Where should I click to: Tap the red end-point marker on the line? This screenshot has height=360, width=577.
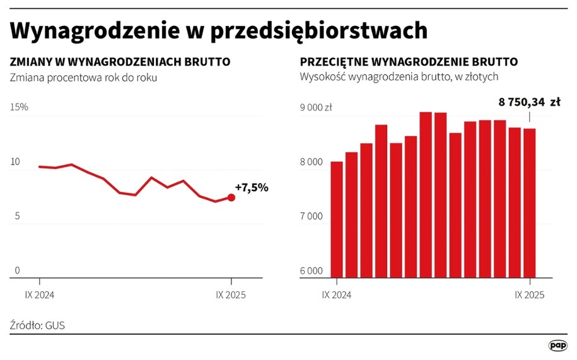[231, 197]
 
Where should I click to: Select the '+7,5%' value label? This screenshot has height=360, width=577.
[252, 187]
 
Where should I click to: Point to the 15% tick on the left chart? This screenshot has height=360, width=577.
[19, 107]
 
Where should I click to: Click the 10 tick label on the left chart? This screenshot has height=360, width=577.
[15, 162]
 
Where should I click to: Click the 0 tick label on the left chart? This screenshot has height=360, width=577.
[17, 270]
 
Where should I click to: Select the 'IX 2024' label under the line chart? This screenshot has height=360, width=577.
[39, 294]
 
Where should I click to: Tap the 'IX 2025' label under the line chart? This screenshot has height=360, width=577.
[231, 294]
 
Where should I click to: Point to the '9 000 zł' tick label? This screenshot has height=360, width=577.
[316, 107]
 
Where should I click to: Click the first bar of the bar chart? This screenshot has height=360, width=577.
[337, 219]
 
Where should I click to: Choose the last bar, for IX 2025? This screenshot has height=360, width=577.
[529, 203]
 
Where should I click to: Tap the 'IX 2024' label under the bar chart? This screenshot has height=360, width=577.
[337, 294]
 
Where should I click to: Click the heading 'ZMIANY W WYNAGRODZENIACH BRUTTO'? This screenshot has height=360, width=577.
[120, 62]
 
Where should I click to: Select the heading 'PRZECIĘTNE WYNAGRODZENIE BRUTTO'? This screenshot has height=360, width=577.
[409, 62]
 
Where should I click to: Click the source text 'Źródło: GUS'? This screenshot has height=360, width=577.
[38, 325]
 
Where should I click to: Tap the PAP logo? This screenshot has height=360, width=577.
[557, 345]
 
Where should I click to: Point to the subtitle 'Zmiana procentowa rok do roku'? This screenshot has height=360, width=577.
[83, 78]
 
